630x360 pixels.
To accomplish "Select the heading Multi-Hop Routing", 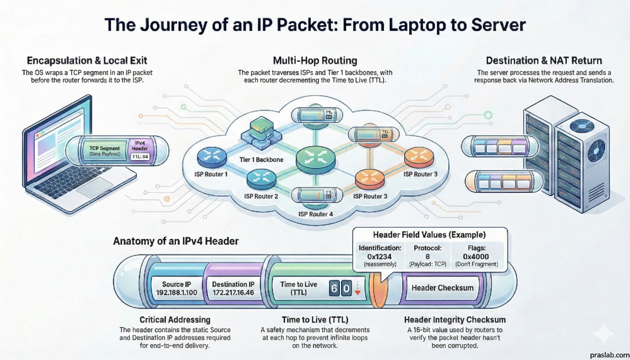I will tap(315, 60).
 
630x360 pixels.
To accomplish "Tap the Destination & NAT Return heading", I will tap(544, 60).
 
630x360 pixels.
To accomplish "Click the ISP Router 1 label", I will tap(210, 174).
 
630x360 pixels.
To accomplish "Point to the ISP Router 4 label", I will tap(316, 214).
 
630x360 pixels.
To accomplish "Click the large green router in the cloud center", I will tap(315, 158).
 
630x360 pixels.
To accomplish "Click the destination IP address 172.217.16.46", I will tap(233, 293).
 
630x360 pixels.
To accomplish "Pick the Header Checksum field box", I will tap(442, 288).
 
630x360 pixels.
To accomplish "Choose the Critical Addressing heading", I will tap(175, 320).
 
